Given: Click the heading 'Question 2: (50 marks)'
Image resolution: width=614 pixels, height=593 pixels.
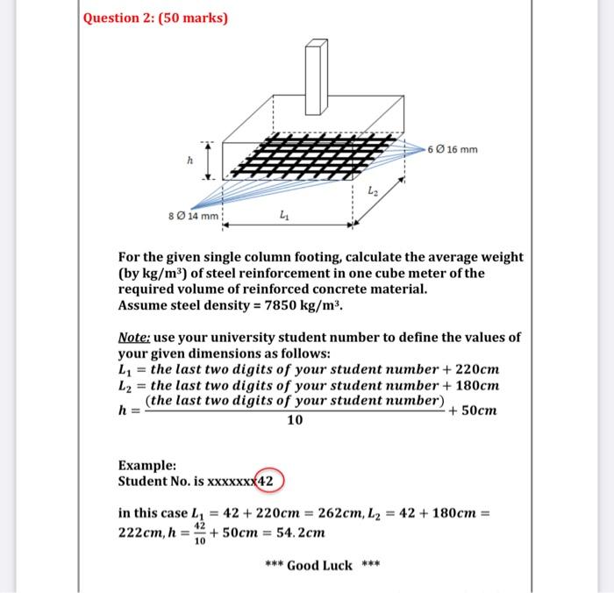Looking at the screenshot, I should (155, 18).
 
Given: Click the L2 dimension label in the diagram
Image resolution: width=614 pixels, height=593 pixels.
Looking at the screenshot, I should (372, 190).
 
